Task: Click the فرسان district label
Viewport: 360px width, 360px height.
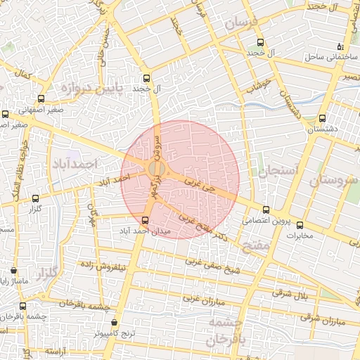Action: tap(242, 24)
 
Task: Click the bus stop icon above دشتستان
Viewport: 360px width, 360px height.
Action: tap(323, 118)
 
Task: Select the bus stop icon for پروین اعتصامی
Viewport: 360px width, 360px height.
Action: tap(266, 210)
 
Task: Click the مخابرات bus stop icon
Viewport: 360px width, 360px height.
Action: tap(300, 226)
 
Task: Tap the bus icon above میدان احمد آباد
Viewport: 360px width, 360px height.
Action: tap(146, 220)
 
